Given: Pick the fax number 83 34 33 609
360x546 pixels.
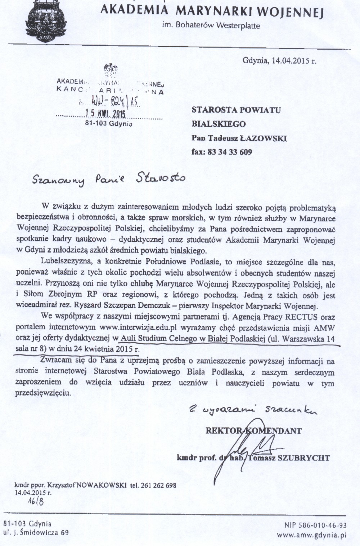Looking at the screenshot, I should (229, 151).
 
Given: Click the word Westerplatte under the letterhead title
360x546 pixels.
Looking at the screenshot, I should (238, 26).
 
